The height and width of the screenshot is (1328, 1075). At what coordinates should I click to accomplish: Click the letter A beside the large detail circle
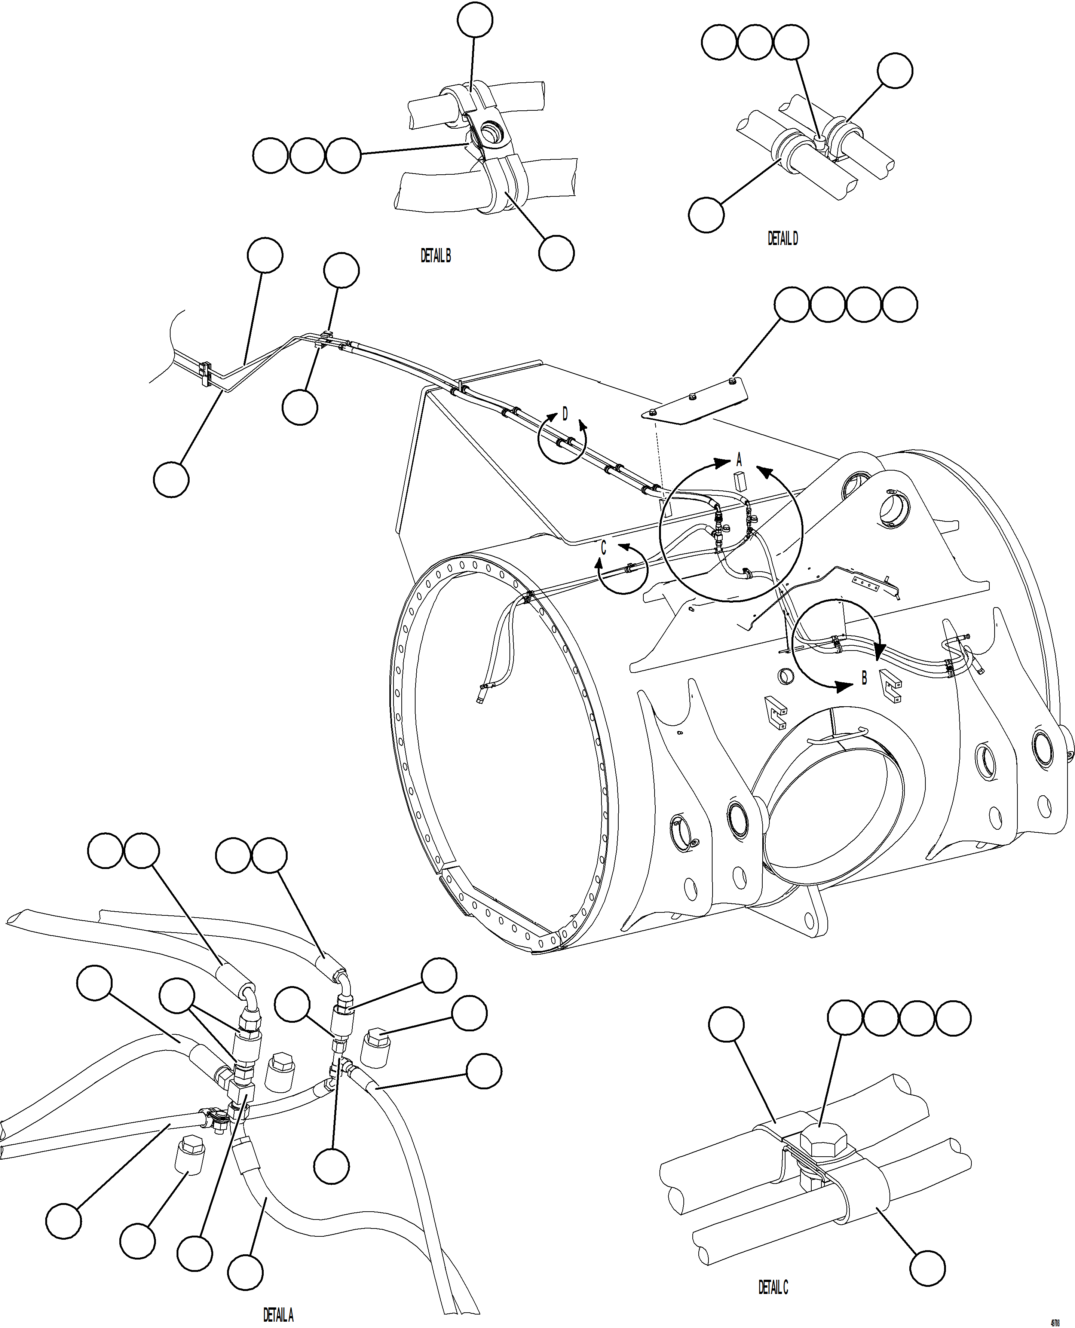coord(739,460)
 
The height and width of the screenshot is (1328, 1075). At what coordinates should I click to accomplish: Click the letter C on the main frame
coord(603,548)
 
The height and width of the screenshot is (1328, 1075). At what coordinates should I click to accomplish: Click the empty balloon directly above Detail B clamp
coord(475,21)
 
